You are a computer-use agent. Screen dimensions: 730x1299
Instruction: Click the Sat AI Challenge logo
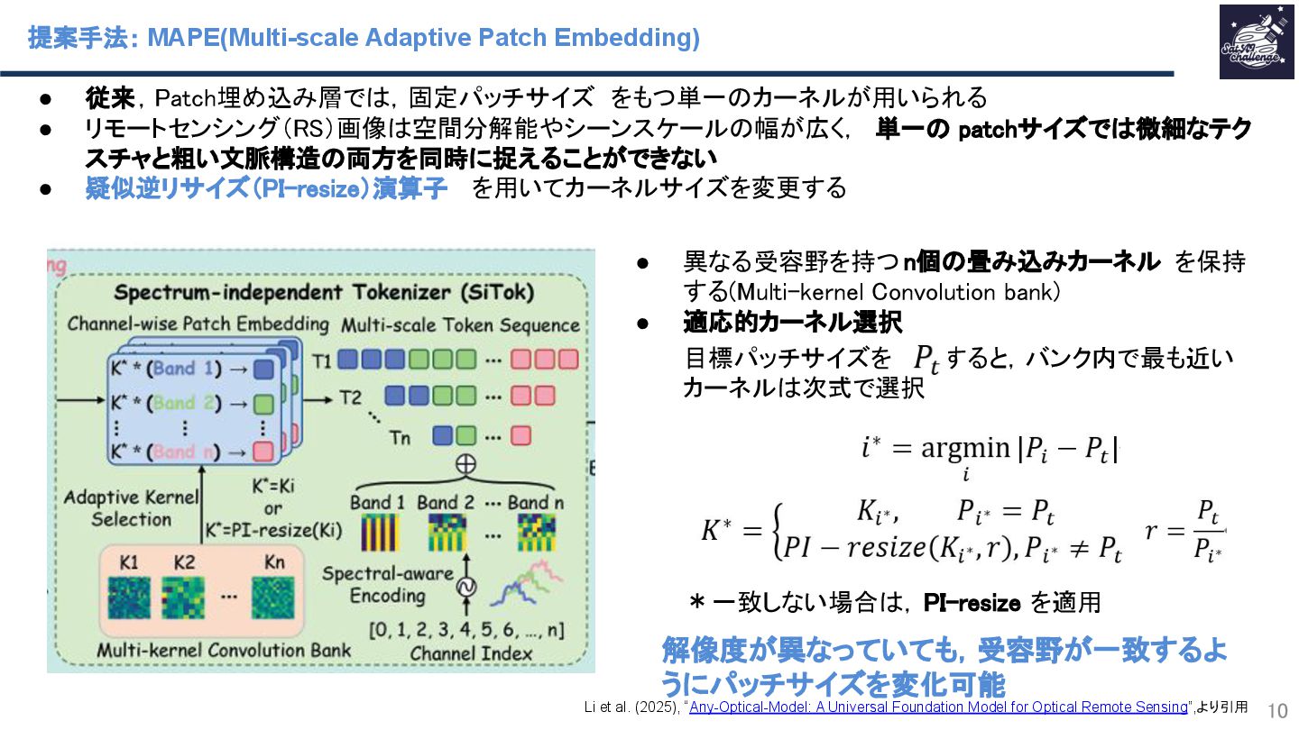[1256, 41]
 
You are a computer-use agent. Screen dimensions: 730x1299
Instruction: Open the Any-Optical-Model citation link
[939, 707]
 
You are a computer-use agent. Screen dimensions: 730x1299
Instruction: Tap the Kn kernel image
[273, 596]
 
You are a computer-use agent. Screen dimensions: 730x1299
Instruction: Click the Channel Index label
[471, 652]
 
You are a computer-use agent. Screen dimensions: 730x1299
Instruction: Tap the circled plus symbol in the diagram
[466, 465]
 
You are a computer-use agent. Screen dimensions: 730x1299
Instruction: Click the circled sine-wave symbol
[466, 586]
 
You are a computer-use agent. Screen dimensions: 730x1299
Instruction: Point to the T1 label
[322, 360]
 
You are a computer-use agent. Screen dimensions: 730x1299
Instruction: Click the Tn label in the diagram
[400, 437]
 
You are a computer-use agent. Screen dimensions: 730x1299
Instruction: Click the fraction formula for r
[1184, 531]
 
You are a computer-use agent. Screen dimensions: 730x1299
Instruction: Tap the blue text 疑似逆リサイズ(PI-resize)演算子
[266, 188]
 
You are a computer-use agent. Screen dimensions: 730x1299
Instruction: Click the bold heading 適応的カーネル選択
[792, 321]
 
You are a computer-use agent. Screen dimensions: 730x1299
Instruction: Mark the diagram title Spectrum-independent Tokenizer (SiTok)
[324, 293]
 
